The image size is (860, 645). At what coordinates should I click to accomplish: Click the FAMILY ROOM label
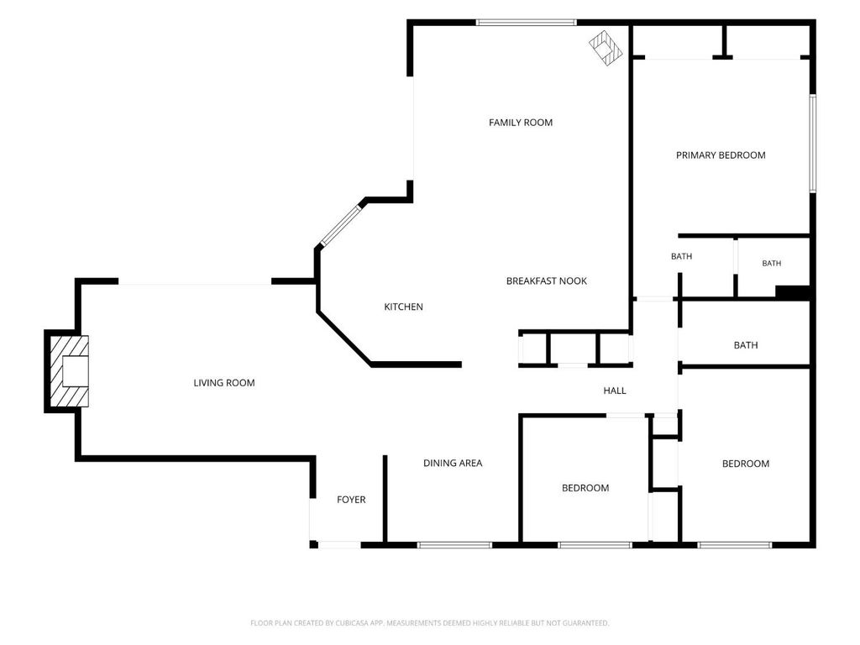521,123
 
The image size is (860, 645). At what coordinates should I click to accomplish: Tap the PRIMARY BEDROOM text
721,155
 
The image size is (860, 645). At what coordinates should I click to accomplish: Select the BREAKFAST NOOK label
546,281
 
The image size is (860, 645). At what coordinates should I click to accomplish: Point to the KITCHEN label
403,307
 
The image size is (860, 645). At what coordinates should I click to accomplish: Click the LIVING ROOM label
223,383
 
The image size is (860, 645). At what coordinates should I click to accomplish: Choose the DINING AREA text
453,463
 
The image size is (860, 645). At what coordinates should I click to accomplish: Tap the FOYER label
351,500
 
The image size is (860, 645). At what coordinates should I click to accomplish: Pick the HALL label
614,391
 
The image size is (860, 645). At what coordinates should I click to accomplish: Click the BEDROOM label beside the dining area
585,488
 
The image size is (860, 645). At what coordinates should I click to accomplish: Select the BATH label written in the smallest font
771,263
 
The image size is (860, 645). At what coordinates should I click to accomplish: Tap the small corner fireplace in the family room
606,48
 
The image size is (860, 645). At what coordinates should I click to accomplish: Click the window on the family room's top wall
526,23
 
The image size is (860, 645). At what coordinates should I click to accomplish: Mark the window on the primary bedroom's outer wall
813,143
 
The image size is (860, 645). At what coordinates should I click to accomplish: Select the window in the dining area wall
454,544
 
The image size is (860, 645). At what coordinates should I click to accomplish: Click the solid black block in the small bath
793,292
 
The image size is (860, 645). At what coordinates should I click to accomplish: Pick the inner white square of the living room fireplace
75,371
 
